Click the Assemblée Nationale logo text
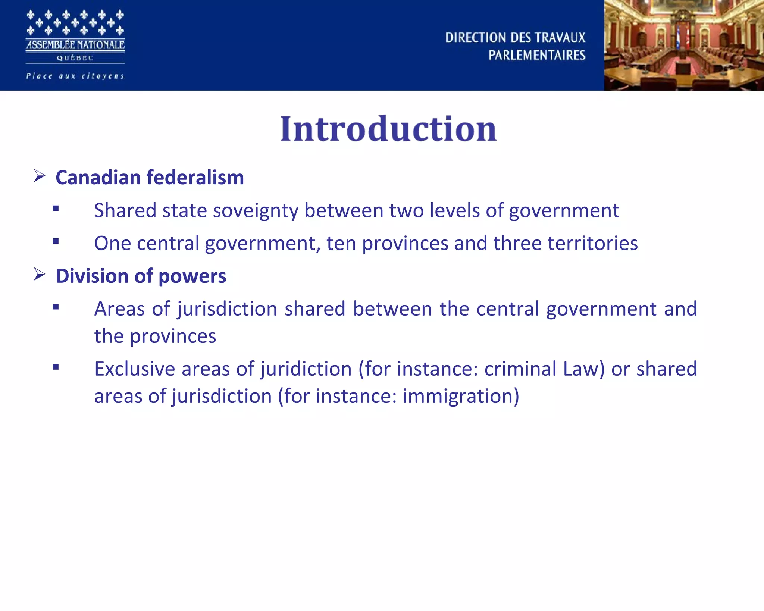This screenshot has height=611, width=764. click(75, 45)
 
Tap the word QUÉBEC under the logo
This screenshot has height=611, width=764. click(75, 58)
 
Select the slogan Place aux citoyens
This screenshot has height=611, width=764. click(75, 76)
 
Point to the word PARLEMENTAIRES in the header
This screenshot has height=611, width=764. click(537, 55)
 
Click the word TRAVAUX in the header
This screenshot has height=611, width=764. click(560, 38)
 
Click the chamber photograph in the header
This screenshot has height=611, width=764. click(684, 45)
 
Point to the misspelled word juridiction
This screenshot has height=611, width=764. click(306, 369)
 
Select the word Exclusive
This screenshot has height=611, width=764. click(135, 369)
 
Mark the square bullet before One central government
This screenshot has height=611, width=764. click(56, 241)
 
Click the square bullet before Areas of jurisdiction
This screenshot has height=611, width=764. click(56, 307)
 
